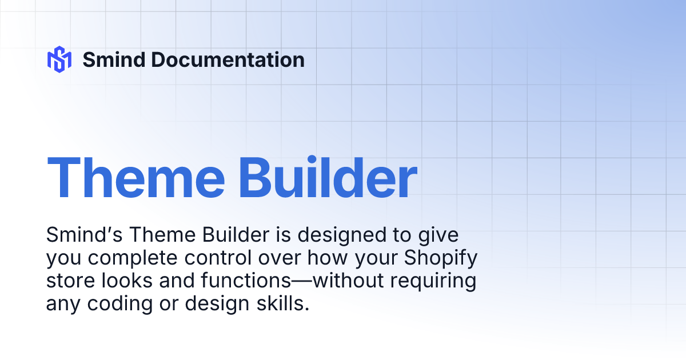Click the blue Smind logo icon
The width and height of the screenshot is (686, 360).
point(59,59)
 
